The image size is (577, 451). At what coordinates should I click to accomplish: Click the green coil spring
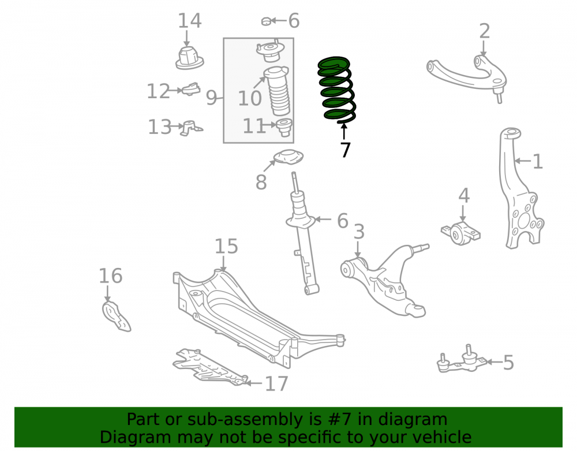(x=337, y=90)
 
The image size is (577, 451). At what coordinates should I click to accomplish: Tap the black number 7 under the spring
(x=345, y=150)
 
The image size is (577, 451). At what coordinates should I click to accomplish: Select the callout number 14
(x=189, y=21)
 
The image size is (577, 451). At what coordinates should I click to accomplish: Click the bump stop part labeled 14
(x=189, y=58)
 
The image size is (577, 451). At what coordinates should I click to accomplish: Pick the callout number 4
(x=464, y=196)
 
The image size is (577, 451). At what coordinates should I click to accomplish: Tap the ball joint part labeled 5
(x=462, y=360)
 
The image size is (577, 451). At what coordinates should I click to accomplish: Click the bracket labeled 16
(x=115, y=316)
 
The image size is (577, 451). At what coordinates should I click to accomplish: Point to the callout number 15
(x=226, y=246)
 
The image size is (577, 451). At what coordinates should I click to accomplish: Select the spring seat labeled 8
(x=288, y=157)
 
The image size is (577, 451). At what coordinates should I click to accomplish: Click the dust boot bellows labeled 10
(x=278, y=91)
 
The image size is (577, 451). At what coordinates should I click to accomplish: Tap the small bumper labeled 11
(x=284, y=127)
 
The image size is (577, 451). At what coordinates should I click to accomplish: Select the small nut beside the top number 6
(x=266, y=21)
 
